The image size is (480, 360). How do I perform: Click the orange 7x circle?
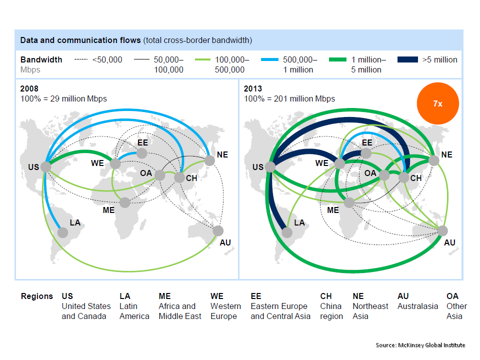coord(437,103)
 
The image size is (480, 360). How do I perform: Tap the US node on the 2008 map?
coord(46,166)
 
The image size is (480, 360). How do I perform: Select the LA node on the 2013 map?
coord(287,232)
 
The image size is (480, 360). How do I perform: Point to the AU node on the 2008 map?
coord(218,230)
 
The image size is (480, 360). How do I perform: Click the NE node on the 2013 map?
coord(434,160)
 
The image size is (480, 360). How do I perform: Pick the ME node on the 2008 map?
coord(125,202)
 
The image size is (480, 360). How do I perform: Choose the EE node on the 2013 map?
coord(366,153)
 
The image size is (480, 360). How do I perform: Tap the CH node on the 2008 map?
coord(179,177)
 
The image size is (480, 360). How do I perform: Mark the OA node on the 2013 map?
coord(384,175)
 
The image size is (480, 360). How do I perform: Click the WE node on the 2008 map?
coord(115,163)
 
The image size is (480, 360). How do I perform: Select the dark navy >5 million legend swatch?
coord(407,60)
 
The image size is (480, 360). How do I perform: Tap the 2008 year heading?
coord(29,88)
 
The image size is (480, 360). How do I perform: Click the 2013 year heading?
coord(253,88)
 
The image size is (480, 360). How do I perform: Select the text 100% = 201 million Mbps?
coord(289,98)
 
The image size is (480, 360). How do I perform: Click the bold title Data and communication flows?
coord(80,39)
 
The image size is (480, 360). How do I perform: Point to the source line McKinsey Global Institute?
coord(420,345)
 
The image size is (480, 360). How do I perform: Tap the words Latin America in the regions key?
coord(134,311)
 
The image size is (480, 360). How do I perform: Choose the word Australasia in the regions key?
coord(417,306)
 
